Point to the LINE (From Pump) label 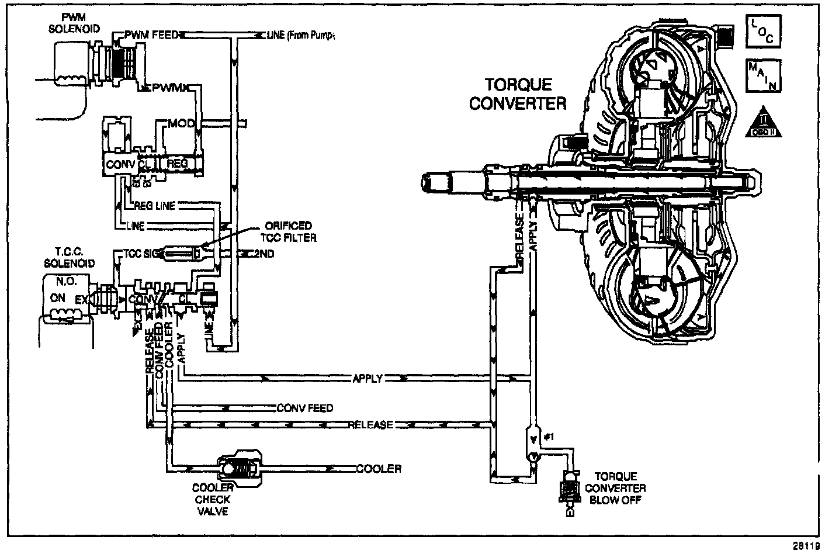click(x=300, y=36)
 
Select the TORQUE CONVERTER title click(x=518, y=94)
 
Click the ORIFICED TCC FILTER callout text click(x=289, y=231)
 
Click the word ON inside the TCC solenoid click(x=58, y=298)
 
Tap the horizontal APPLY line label click(x=368, y=379)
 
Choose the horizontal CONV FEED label click(x=304, y=408)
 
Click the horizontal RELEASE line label click(x=370, y=425)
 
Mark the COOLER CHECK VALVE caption click(x=213, y=500)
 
